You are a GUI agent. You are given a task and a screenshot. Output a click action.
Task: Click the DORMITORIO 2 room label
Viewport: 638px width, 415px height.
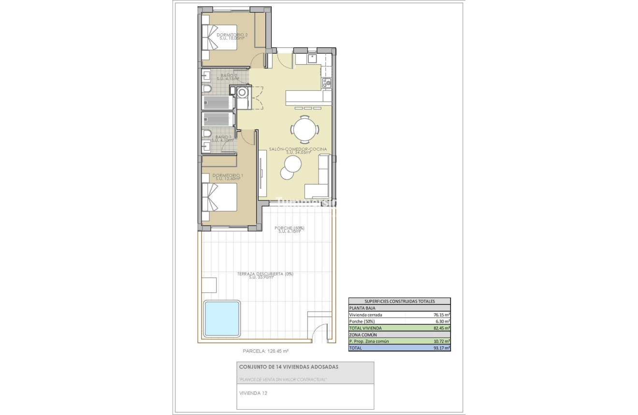(232, 35)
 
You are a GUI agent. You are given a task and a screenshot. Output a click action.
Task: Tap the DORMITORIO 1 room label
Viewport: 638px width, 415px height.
(228, 176)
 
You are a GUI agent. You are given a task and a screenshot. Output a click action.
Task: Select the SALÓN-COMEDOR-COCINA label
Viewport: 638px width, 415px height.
(298, 149)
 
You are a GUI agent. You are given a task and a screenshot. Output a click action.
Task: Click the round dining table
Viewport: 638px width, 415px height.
(305, 129)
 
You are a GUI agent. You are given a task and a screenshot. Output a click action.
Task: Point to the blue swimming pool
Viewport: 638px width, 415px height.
(222, 318)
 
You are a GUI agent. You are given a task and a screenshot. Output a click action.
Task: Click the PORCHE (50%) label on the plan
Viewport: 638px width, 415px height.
(289, 229)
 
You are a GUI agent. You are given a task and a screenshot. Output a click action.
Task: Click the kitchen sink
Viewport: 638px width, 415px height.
(312, 59)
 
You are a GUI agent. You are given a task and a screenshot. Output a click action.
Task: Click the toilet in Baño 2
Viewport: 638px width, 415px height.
(207, 89)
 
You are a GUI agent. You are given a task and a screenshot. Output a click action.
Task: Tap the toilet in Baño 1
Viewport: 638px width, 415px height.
(207, 133)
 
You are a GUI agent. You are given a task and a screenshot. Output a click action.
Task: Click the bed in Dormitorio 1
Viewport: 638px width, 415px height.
(220, 197)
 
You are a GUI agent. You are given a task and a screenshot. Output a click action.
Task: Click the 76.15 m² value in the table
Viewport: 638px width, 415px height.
(441, 315)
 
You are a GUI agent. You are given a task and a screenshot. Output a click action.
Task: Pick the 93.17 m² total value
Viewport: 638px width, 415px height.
(441, 348)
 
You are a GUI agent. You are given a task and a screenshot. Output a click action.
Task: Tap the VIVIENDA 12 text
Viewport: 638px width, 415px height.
(254, 393)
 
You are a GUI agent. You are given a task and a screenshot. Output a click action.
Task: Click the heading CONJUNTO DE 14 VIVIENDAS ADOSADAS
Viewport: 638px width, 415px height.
(289, 367)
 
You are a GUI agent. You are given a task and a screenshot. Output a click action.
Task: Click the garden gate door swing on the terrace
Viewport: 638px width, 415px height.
(319, 333)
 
